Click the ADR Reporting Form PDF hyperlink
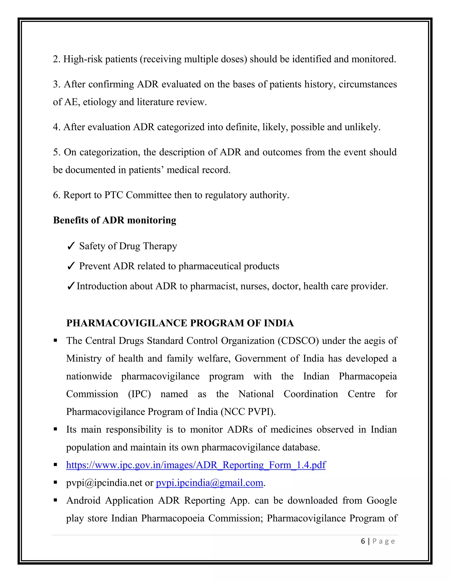[x=196, y=465]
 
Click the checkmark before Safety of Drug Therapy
[x=71, y=246]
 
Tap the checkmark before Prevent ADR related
[x=71, y=266]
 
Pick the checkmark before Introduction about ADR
[x=71, y=286]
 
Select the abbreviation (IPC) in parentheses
[x=139, y=394]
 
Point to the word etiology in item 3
[x=100, y=102]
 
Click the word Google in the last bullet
[x=381, y=501]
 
